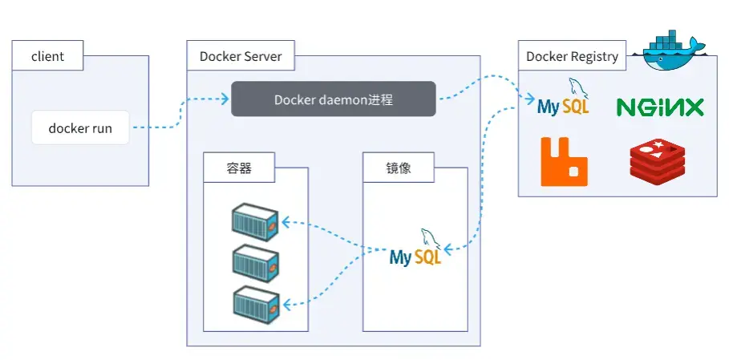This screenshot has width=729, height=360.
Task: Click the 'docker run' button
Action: point(80,127)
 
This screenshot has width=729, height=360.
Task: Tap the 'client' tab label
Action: point(47,57)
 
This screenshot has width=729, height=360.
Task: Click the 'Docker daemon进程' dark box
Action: point(334,99)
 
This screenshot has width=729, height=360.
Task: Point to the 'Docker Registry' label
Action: point(572,57)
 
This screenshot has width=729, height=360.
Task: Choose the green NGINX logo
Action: point(659,107)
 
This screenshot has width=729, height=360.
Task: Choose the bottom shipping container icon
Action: point(254,302)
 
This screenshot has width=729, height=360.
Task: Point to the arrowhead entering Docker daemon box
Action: point(226,99)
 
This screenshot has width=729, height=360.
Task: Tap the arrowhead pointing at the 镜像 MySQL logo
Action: point(448,250)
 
